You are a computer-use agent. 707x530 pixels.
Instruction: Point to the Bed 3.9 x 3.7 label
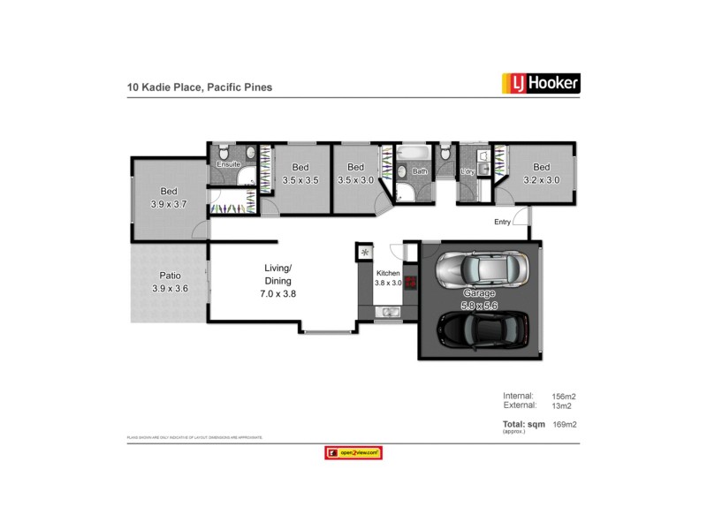(x=168, y=197)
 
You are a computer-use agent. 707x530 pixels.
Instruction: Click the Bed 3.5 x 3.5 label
(x=300, y=174)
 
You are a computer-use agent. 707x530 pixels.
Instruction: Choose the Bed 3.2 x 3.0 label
(x=541, y=174)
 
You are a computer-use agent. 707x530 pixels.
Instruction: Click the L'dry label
(x=468, y=171)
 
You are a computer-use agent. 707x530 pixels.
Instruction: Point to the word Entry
(x=502, y=223)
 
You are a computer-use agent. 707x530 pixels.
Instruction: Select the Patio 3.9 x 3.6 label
(x=171, y=281)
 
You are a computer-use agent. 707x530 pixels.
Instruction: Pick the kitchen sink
(x=388, y=313)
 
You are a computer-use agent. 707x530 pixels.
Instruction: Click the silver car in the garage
(x=483, y=266)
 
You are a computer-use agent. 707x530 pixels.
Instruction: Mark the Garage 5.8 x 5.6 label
(x=479, y=299)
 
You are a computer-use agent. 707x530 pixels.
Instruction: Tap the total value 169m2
(x=566, y=425)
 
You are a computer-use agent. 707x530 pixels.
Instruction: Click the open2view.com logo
(x=353, y=452)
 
